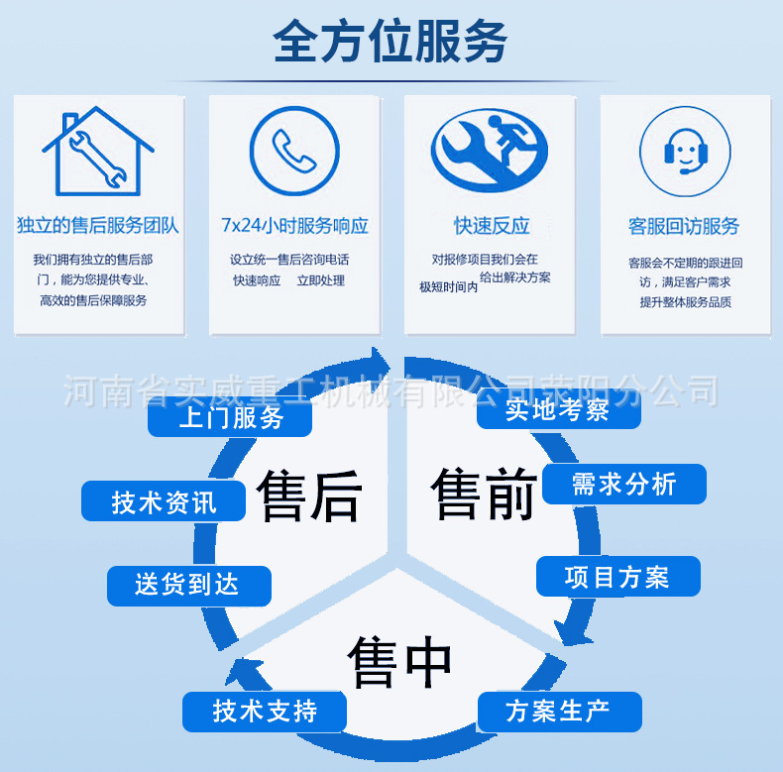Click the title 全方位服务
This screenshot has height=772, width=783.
[391, 43]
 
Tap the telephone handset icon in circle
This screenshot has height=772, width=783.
[293, 151]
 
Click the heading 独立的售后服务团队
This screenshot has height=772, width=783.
[97, 226]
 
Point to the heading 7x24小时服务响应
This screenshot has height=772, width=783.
[294, 226]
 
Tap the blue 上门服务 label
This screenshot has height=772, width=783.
[231, 417]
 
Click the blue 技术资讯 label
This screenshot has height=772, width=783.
[164, 502]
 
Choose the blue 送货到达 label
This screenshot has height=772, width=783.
[188, 586]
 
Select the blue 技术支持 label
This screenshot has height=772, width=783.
[264, 712]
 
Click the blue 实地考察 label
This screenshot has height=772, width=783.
[558, 409]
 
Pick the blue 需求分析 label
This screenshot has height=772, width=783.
[623, 484]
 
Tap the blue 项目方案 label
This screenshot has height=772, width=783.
[617, 577]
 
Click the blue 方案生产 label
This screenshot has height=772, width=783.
[559, 712]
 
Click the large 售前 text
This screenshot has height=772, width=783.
[484, 493]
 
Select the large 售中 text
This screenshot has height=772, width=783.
[399, 662]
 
